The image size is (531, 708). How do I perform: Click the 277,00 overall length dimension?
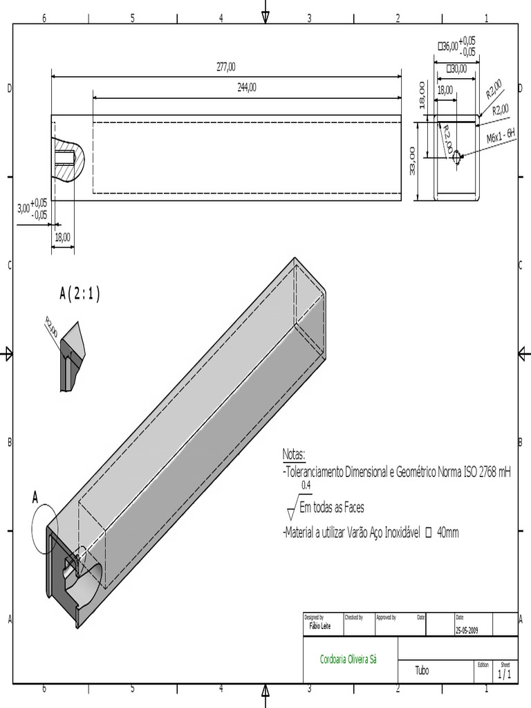point(226,67)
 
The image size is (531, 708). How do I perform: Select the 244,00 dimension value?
point(247,87)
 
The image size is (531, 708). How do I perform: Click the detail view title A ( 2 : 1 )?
point(80,294)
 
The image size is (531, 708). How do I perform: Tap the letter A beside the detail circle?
point(36,496)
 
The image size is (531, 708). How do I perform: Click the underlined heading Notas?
point(294,454)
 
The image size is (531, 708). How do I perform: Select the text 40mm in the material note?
point(448,532)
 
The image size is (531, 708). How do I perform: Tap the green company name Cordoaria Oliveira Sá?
point(348,660)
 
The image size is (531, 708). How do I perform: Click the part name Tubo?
point(422,671)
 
